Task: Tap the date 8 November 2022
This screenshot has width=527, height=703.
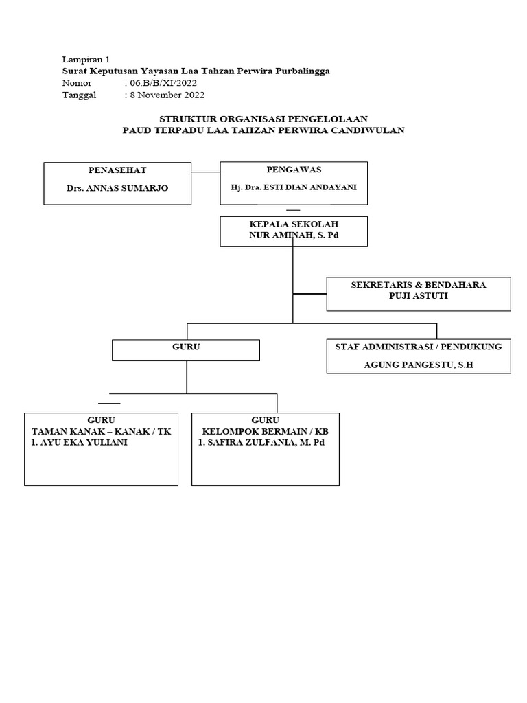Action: [x=167, y=95]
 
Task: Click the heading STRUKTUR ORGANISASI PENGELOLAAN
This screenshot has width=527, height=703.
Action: [x=263, y=119]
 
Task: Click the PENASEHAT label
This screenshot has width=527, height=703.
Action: [x=117, y=170]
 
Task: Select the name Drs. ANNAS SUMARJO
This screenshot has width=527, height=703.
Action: [x=117, y=188]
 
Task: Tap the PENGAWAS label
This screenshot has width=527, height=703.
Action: [x=293, y=169]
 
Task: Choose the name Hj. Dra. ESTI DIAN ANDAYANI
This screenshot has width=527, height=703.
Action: [x=293, y=187]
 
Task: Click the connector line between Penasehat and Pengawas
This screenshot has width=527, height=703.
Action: [x=205, y=171]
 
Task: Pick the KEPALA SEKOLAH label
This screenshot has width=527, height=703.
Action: [x=293, y=224]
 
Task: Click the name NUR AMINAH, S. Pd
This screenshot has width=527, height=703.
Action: [x=293, y=235]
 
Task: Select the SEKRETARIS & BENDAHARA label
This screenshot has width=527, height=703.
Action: [x=418, y=285]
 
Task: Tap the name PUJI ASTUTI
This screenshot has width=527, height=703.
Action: [x=418, y=296]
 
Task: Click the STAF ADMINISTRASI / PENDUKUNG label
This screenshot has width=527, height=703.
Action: [x=418, y=347]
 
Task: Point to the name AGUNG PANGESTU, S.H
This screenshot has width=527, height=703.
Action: [x=418, y=365]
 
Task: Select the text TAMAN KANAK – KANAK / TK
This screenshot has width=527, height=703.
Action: [x=102, y=431]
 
